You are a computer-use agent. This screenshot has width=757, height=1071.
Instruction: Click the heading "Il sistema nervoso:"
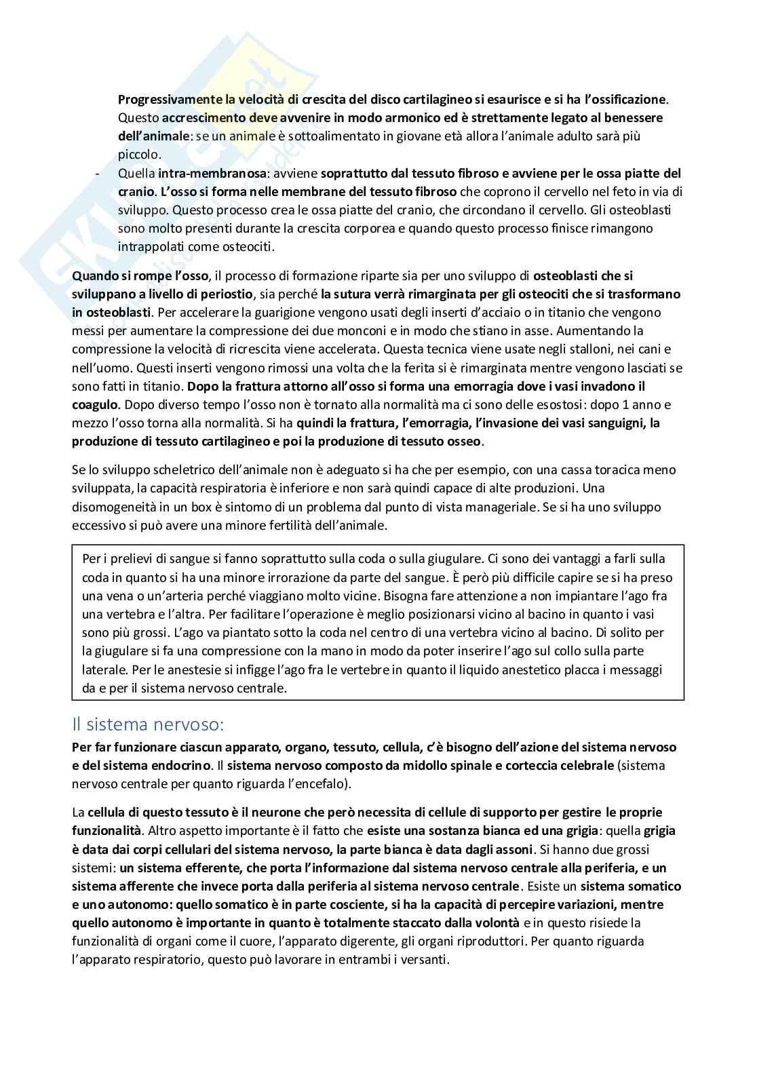(147, 724)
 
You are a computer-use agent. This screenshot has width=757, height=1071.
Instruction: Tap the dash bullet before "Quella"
(98, 174)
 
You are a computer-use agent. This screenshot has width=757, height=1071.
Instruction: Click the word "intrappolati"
(148, 247)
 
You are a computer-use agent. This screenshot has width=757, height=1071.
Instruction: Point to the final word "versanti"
(425, 960)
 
